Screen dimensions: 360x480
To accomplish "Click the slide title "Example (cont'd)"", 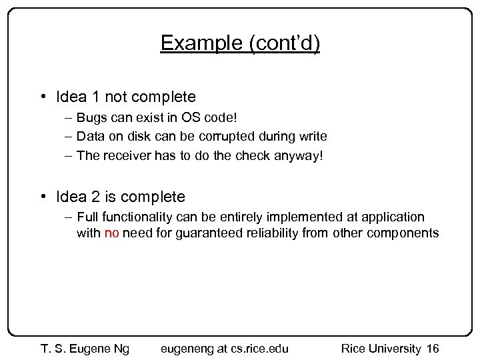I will tap(240, 43).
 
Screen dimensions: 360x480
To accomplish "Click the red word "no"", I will tap(112, 233).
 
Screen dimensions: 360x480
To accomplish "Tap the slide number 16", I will tap(433, 348).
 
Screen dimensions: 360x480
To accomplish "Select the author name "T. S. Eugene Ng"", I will tap(85, 348).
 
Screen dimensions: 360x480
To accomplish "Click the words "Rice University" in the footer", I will tap(381, 348).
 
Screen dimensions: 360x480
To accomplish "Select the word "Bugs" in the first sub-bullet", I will tap(90, 118).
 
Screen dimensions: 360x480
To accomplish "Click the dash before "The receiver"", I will tap(69, 155).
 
